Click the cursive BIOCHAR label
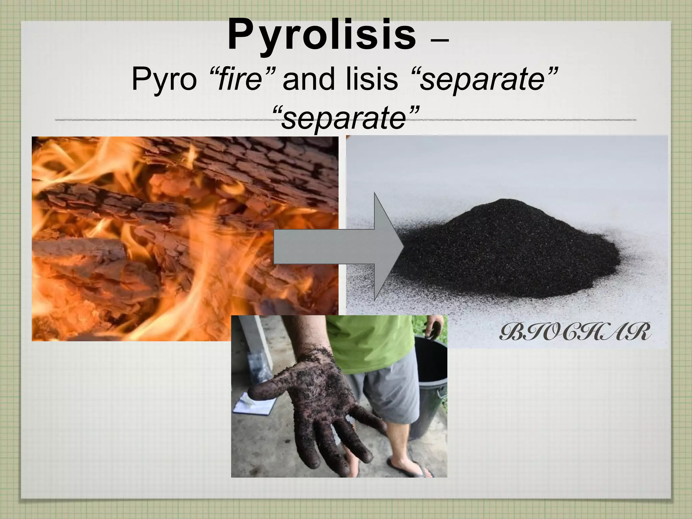click(575, 333)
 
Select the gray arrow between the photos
click(338, 247)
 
